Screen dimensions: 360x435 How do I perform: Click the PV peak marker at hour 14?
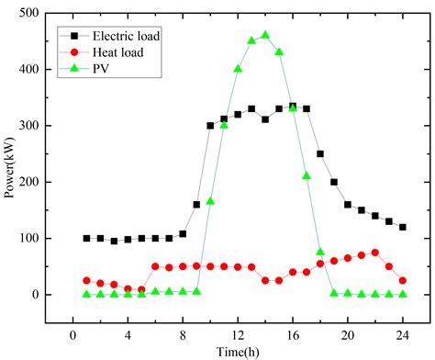[x=265, y=36]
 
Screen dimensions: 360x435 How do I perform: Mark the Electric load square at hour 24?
[x=403, y=227]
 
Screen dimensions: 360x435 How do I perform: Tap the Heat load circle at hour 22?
[x=375, y=253]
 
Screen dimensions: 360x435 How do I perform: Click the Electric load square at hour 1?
[x=86, y=238]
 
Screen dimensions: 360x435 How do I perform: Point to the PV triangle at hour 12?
[x=238, y=69]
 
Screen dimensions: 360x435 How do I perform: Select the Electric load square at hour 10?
[x=210, y=126]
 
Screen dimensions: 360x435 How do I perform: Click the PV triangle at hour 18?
[x=320, y=252]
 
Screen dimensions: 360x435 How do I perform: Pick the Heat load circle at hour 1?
[x=86, y=280]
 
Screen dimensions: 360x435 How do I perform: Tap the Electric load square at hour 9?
[x=196, y=204]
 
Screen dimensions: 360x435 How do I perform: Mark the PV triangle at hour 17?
[x=307, y=175]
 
